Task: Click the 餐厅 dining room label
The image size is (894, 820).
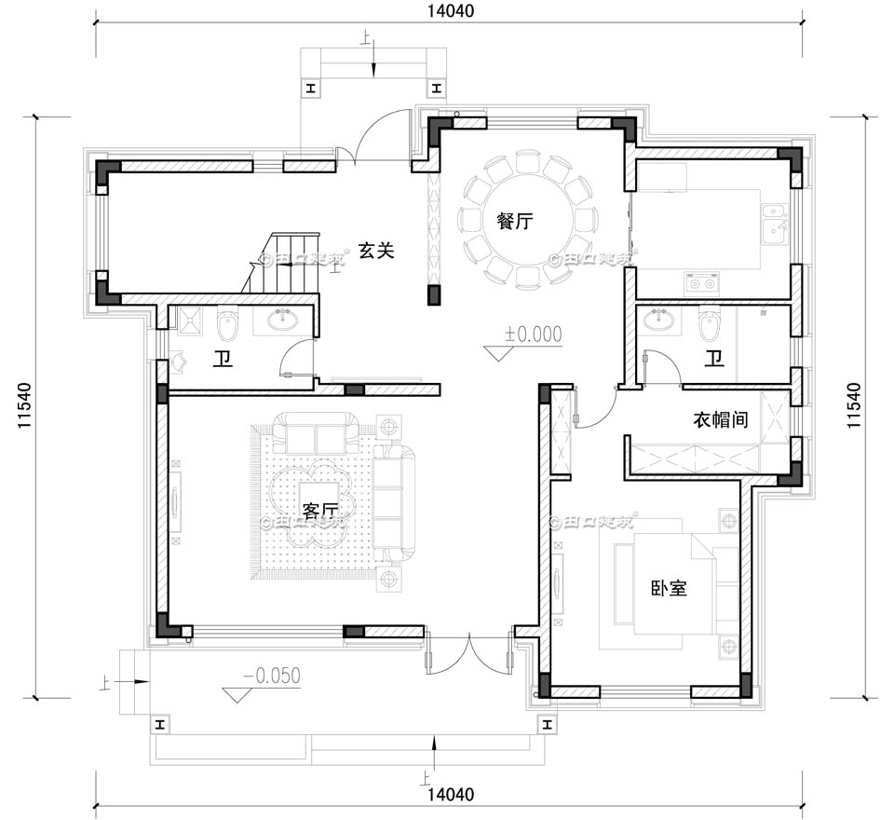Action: tap(514, 221)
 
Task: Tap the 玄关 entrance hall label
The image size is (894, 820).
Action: tap(377, 250)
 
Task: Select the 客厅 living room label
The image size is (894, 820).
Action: tap(319, 511)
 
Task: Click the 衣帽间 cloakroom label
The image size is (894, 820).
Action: tap(720, 420)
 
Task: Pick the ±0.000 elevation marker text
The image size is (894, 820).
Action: tap(533, 335)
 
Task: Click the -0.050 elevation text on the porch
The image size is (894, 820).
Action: tap(271, 676)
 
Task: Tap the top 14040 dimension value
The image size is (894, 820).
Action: tap(451, 12)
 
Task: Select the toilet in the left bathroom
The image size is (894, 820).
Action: tap(227, 326)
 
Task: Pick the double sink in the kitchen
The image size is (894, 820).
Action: tap(772, 222)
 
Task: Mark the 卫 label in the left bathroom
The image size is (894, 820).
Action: tap(222, 359)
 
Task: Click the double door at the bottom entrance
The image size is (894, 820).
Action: tap(471, 651)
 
